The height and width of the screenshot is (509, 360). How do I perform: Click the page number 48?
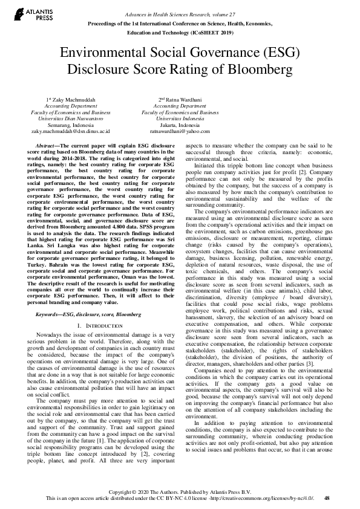[327, 498]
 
